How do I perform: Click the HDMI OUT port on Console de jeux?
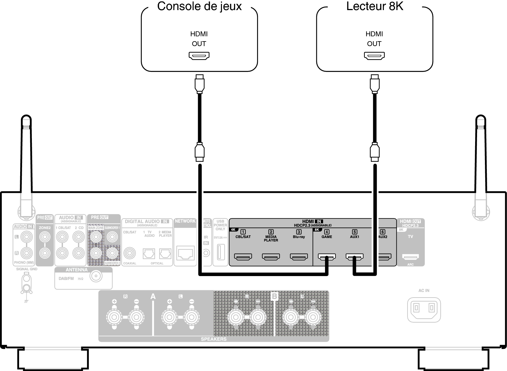199,56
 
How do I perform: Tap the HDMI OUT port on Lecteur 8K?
374,56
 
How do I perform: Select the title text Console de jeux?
199,7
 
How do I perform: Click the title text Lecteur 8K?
375,7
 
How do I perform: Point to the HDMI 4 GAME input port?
327,257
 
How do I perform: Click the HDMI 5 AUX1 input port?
354,257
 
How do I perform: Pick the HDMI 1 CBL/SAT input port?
243,257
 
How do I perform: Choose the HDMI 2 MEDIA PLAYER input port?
271,257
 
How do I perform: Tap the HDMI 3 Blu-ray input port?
299,257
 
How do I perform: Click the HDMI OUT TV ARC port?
410,257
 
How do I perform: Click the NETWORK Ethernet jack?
185,253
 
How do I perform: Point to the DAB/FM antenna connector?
96,276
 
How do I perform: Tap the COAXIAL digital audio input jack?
129,253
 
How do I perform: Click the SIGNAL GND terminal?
26,284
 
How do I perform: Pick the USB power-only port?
220,252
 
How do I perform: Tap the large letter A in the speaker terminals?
153,297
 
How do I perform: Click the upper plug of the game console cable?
199,83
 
